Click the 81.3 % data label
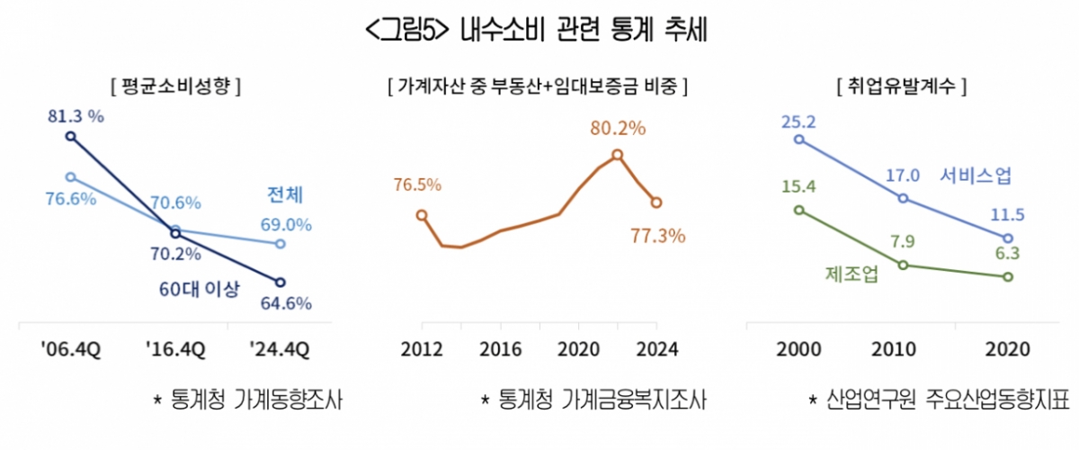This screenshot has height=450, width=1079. click(x=77, y=116)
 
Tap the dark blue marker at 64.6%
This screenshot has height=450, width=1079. click(x=281, y=283)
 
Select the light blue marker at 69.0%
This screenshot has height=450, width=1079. click(x=281, y=244)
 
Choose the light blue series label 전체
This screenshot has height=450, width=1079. click(x=286, y=195)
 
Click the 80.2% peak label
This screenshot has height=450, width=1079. click(x=618, y=129)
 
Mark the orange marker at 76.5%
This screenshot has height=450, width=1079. click(x=422, y=215)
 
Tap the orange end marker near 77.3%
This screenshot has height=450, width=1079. click(x=657, y=202)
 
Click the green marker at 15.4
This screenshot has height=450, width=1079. click(x=799, y=210)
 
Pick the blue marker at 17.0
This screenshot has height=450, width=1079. click(x=903, y=198)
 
